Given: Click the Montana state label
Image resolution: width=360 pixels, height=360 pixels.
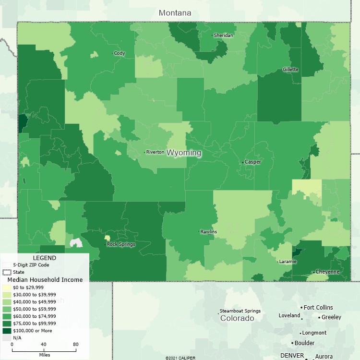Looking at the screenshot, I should pyautogui.click(x=175, y=13).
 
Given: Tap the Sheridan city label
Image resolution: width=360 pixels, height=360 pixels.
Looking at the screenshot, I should pyautogui.click(x=224, y=36).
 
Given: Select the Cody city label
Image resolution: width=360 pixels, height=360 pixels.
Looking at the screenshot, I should pyautogui.click(x=120, y=53).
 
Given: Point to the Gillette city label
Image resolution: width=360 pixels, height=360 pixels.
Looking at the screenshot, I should pyautogui.click(x=291, y=70).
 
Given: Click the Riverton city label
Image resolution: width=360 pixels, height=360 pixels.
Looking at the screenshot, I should pyautogui.click(x=155, y=152).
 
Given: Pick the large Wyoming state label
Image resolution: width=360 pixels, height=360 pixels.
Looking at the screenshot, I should pyautogui.click(x=184, y=153).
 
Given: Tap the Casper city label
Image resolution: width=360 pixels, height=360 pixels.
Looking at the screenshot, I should pyautogui.click(x=253, y=162).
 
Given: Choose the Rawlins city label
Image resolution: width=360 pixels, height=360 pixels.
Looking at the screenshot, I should pyautogui.click(x=208, y=232).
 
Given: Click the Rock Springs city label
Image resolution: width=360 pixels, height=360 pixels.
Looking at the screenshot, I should pyautogui.click(x=120, y=244).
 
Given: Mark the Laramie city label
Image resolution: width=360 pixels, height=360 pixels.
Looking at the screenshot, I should pyautogui.click(x=287, y=262).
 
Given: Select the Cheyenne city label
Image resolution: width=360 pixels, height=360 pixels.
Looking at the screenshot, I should pyautogui.click(x=327, y=272).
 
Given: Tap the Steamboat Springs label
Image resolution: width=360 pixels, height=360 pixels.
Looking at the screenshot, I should pyautogui.click(x=240, y=311).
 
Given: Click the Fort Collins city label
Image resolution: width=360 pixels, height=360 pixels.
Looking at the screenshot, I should pyautogui.click(x=318, y=308).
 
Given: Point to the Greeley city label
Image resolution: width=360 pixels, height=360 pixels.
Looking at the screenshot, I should pyautogui.click(x=331, y=317).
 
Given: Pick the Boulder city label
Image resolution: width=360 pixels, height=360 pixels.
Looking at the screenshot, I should pyautogui.click(x=304, y=343).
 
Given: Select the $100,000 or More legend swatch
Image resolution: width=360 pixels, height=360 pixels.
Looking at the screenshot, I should pyautogui.click(x=7, y=331).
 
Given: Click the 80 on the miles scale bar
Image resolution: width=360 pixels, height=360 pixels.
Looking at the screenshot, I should pyautogui.click(x=75, y=344).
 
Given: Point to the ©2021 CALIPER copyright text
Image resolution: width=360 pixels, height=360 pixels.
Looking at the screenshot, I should pyautogui.click(x=180, y=358).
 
